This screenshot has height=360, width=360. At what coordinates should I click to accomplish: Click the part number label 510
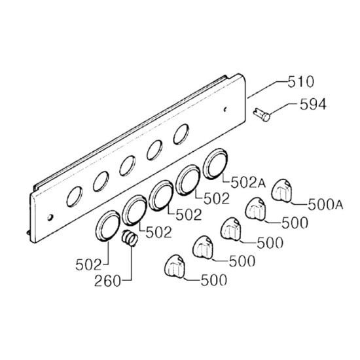[300, 82]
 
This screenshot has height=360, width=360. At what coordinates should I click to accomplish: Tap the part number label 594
[313, 105]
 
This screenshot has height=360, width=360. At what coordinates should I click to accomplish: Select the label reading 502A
[248, 183]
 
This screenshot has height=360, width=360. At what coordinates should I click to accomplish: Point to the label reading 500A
[325, 205]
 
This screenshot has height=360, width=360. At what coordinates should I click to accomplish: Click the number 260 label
[107, 281]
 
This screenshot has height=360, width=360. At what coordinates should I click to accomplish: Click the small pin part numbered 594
[262, 115]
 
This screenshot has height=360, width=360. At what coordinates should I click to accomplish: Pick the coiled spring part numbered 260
[130, 238]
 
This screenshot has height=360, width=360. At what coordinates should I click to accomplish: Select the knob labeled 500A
[281, 191]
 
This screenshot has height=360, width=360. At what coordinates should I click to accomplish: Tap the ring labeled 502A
[215, 164]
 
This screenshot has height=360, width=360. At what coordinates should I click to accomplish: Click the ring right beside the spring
[108, 226]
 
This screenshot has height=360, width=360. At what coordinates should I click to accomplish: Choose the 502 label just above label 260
[88, 265]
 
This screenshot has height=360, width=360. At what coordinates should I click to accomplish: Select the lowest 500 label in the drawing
[214, 280]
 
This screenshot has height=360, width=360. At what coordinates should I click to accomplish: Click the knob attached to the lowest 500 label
[175, 266]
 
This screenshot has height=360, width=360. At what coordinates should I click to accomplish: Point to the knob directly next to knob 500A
[255, 209]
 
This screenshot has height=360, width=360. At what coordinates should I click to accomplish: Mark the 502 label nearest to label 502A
[217, 198]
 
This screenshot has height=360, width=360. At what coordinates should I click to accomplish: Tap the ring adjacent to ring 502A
[188, 180]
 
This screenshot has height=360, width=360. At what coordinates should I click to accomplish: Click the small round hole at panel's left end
[50, 217]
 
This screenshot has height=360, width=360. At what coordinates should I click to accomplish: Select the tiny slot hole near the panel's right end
[225, 109]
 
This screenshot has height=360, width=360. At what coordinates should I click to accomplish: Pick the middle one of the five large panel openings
[127, 166]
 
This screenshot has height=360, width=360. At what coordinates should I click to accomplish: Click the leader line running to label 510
[267, 88]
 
